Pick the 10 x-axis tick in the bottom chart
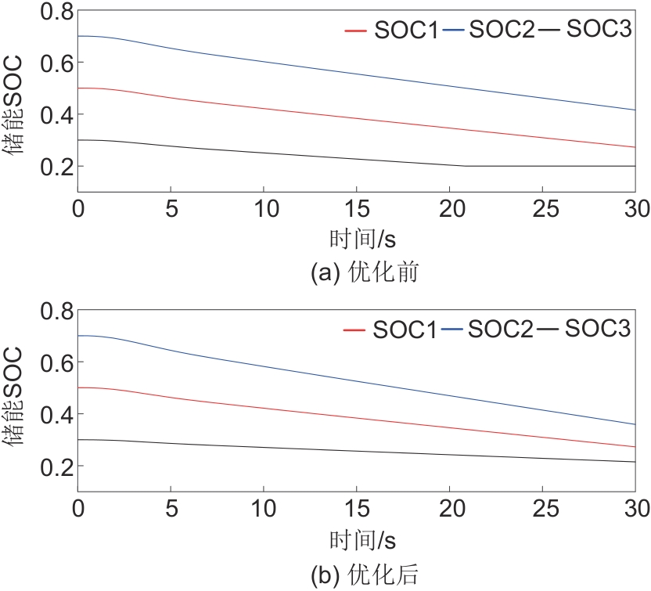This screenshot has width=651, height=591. tap(264, 508)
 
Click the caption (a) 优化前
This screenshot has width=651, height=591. tap(356, 273)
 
